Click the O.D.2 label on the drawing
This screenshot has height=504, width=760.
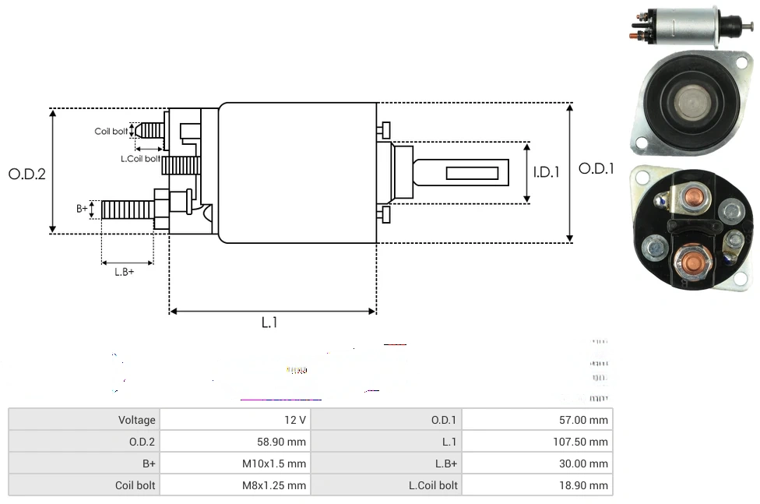[x=27, y=174]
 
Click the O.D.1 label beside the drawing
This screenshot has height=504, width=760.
[x=596, y=169]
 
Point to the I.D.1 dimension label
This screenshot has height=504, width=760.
[x=547, y=172]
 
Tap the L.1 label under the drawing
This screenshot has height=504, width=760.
[x=269, y=322]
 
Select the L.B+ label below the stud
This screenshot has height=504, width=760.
[x=125, y=272]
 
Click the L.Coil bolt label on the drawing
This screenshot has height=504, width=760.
[x=140, y=159]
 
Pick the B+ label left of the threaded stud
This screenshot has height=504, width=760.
[x=83, y=209]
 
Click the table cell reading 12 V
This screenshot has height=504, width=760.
[x=295, y=420]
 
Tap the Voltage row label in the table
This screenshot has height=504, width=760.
[x=136, y=420]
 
